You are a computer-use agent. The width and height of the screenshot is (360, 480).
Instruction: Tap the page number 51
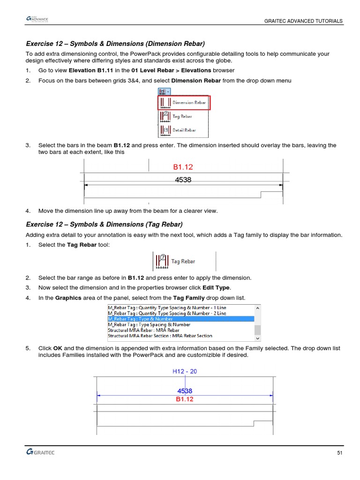(x=340, y=453)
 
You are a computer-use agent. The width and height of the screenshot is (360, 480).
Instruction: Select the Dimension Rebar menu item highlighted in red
(x=184, y=103)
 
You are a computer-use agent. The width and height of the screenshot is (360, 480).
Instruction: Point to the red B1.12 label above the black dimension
(x=183, y=167)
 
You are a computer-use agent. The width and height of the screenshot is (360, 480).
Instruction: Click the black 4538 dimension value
(x=183, y=180)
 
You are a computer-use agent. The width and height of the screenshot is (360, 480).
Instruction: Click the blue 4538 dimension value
(x=185, y=390)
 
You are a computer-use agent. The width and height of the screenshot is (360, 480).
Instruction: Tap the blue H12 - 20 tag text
(x=185, y=371)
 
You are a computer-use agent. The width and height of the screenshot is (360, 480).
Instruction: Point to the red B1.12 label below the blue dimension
(x=185, y=400)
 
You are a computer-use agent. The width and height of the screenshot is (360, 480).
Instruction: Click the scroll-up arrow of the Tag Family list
(x=257, y=308)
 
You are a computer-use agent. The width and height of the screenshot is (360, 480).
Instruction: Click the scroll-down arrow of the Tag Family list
(x=257, y=337)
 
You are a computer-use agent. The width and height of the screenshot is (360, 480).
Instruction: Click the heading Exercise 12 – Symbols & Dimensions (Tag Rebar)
(x=104, y=224)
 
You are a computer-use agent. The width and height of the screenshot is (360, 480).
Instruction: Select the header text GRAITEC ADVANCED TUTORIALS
(x=303, y=21)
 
